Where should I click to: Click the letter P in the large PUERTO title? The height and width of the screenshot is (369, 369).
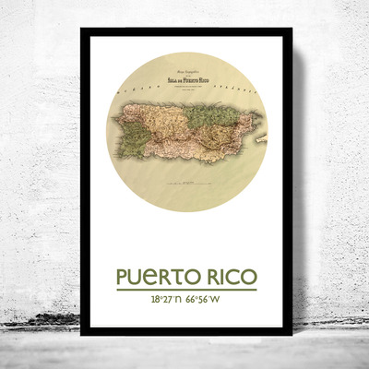tap(123, 278)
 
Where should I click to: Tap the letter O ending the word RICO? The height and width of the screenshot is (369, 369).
tap(248, 278)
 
